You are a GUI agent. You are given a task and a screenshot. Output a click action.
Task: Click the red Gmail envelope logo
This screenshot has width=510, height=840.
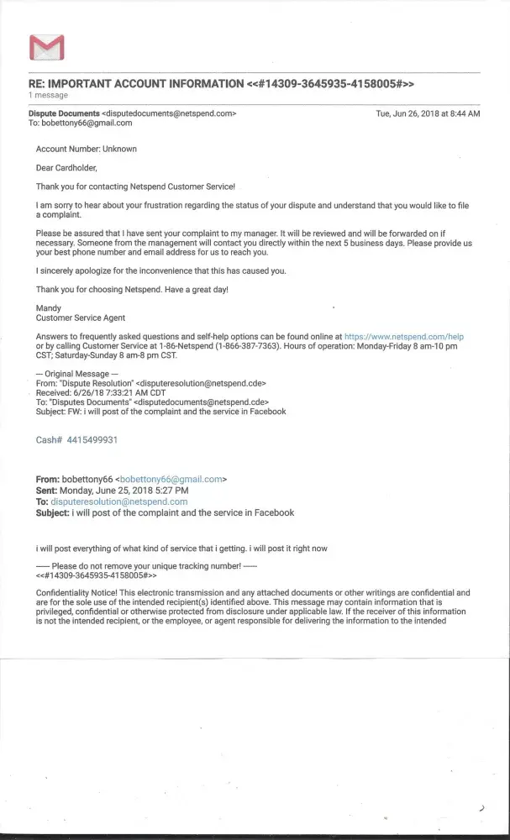(x=47, y=48)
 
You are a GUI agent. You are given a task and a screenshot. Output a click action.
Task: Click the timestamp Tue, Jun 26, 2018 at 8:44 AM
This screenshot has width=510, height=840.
(x=428, y=113)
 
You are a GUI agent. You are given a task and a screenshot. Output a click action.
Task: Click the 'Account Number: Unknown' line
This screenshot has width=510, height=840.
(x=86, y=149)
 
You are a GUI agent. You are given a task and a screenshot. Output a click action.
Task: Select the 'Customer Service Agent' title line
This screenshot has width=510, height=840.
(x=81, y=318)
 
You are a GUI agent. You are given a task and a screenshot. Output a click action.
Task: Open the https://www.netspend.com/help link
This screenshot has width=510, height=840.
(x=404, y=337)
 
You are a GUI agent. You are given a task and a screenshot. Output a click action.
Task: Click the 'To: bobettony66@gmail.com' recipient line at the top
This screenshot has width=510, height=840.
(x=81, y=123)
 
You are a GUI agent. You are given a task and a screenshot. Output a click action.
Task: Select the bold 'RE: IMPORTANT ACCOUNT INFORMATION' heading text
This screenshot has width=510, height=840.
(x=135, y=83)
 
